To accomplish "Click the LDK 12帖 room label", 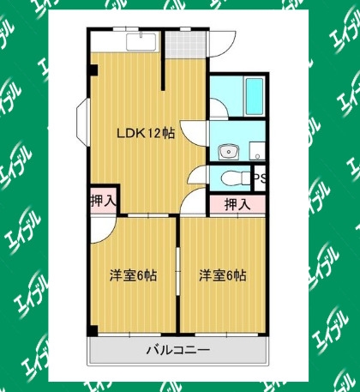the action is click(x=146, y=133).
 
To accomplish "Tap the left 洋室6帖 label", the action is click(x=134, y=275).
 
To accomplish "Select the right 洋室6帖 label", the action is click(x=223, y=275).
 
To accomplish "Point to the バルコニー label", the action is click(x=178, y=350).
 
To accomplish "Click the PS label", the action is click(x=260, y=178).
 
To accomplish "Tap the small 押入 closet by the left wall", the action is click(x=104, y=201).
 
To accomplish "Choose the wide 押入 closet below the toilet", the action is click(x=237, y=204).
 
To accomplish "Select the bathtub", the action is click(x=255, y=96).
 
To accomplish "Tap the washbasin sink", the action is click(x=229, y=151).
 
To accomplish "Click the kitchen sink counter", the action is click(x=141, y=42).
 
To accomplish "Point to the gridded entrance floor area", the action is click(x=186, y=44).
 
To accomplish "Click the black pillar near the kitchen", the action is click(x=94, y=69).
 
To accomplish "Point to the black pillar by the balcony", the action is click(x=93, y=331).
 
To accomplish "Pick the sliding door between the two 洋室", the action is click(x=177, y=271).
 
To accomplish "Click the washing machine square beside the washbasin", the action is click(x=257, y=151).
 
